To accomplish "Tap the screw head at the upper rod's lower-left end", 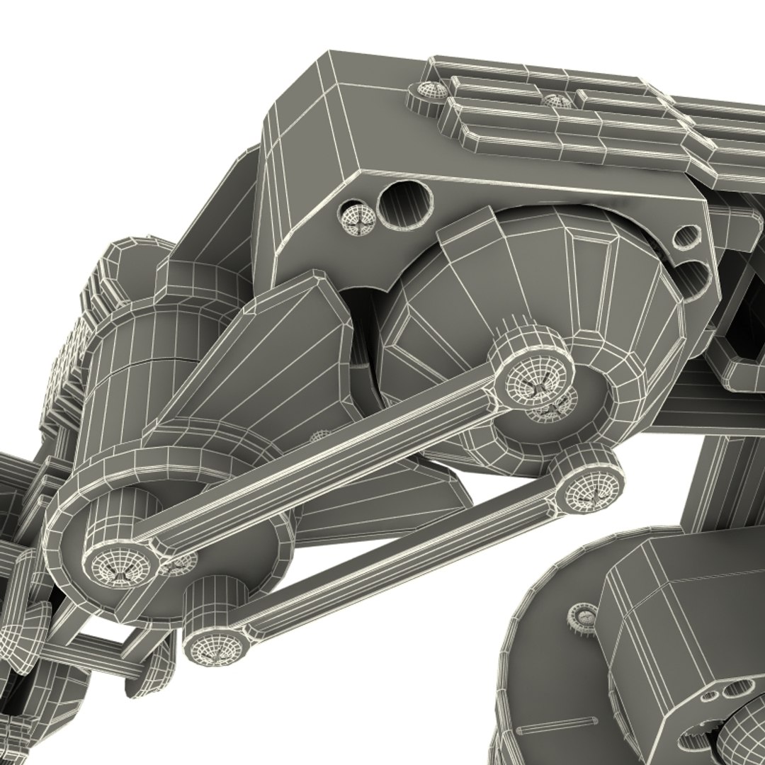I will pos(118,566).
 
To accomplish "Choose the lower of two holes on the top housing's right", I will pos(696,273).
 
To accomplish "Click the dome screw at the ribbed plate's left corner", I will pos(427,92).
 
